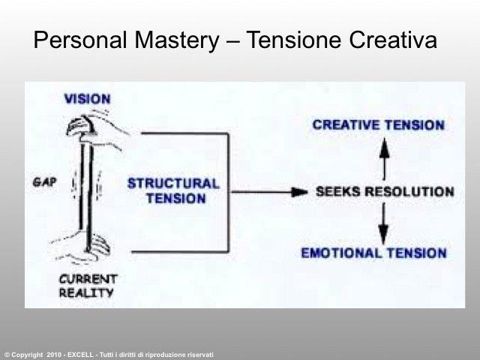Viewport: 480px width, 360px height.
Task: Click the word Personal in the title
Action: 80,40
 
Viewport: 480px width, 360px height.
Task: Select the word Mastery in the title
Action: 177,40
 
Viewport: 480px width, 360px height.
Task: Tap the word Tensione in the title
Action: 293,40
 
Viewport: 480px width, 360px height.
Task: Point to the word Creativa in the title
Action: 393,40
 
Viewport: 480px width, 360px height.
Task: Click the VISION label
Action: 87,99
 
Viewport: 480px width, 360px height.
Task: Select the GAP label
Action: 45,182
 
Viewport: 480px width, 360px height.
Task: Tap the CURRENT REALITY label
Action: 88,286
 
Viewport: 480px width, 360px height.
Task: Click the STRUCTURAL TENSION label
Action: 173,190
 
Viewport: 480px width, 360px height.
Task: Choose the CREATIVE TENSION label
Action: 378,125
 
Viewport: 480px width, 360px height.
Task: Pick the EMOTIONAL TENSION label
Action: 373,253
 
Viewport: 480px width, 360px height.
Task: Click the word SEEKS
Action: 338,192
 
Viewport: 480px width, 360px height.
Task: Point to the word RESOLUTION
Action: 410,192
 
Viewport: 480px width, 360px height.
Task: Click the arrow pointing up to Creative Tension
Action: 384,159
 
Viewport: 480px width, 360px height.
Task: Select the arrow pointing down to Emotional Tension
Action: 383,223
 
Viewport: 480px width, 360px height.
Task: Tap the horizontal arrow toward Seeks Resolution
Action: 269,192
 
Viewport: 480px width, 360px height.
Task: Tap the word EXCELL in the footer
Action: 80,355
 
